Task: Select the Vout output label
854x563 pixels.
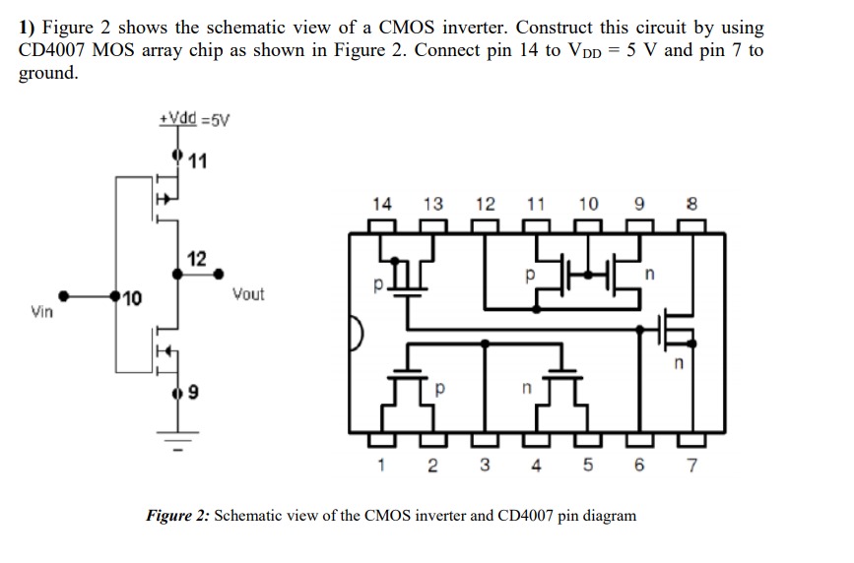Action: pyautogui.click(x=248, y=294)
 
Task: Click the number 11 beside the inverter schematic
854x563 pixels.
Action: pyautogui.click(x=197, y=161)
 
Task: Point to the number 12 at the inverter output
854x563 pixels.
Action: pyautogui.click(x=197, y=259)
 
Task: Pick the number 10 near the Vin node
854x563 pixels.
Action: pyautogui.click(x=132, y=297)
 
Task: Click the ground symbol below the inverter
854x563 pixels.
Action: pyautogui.click(x=178, y=441)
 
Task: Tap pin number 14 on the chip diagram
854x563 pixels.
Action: pyautogui.click(x=382, y=205)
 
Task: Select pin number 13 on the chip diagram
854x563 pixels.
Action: pyautogui.click(x=432, y=205)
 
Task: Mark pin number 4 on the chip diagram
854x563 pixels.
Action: pyautogui.click(x=536, y=467)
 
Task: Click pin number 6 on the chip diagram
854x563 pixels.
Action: pyautogui.click(x=640, y=467)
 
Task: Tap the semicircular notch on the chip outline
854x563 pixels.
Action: pyautogui.click(x=357, y=336)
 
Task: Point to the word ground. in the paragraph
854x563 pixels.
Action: pyautogui.click(x=48, y=74)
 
